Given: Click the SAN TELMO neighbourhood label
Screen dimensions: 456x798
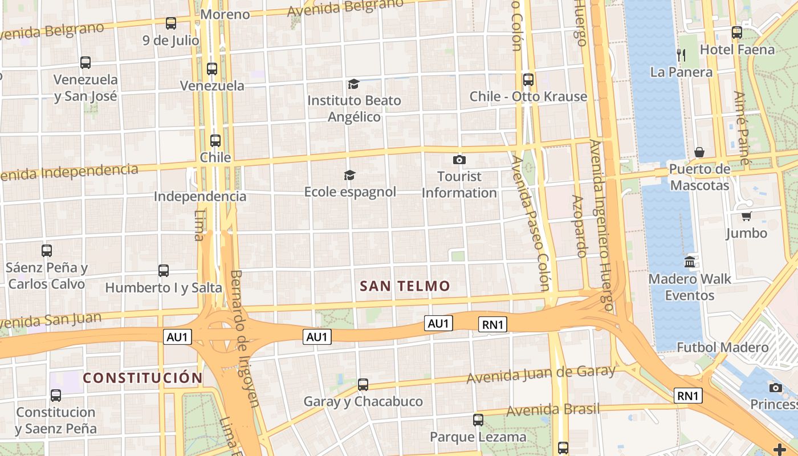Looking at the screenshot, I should pos(405,286).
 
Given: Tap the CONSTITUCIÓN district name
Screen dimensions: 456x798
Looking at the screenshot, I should pos(142,378).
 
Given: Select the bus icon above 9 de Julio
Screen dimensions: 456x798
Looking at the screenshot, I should pos(171,23).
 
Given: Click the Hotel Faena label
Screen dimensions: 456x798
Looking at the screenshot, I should pos(737,50).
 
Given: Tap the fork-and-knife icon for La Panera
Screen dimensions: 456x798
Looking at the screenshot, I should pos(681,55).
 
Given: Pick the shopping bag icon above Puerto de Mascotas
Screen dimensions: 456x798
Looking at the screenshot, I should pos(699,152).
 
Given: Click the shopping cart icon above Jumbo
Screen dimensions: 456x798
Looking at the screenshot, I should pos(746,217).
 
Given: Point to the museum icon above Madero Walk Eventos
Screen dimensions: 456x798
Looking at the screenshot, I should pos(690,262).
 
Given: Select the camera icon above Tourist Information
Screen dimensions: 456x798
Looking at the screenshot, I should pos(459,160).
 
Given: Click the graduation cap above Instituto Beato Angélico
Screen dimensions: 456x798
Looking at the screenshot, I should pos(353,84).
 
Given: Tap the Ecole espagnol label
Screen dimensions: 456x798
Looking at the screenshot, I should pos(350,192).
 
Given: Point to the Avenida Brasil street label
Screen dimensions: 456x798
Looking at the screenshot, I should pos(553,409).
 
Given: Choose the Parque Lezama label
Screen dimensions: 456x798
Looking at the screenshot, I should pos(478,437).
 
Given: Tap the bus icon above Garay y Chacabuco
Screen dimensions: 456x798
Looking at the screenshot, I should pos(363,385).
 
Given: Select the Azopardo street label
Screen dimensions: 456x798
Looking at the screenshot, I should pos(580,226).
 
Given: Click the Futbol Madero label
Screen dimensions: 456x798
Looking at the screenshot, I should pos(722,347).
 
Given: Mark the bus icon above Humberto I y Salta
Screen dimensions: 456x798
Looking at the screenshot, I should pos(164,271).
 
